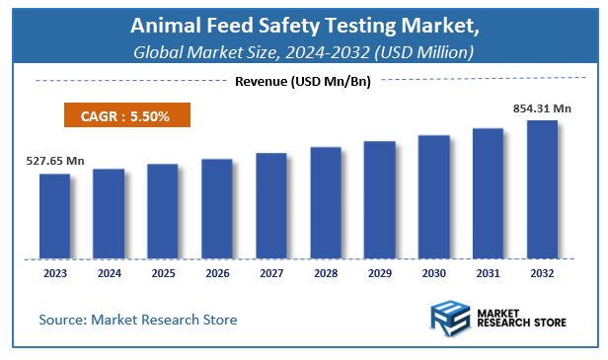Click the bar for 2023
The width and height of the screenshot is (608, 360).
tap(54, 216)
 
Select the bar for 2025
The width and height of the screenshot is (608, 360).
tap(163, 211)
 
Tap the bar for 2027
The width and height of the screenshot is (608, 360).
tap(270, 206)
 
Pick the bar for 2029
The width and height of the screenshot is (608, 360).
tap(379, 199)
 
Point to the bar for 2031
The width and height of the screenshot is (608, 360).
tap(488, 193)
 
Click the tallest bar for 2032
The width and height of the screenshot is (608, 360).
tap(542, 189)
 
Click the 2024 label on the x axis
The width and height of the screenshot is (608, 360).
tap(109, 273)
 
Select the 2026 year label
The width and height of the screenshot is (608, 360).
tap(217, 273)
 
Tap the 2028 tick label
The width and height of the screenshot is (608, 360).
tap(325, 273)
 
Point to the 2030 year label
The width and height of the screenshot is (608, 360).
tap(433, 273)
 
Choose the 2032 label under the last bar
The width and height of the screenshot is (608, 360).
tap(542, 273)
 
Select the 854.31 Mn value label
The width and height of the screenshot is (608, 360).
tap(542, 108)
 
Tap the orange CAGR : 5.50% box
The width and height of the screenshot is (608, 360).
tap(127, 116)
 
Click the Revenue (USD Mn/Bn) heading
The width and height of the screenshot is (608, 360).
tap(302, 82)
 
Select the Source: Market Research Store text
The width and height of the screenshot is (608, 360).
tap(138, 320)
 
